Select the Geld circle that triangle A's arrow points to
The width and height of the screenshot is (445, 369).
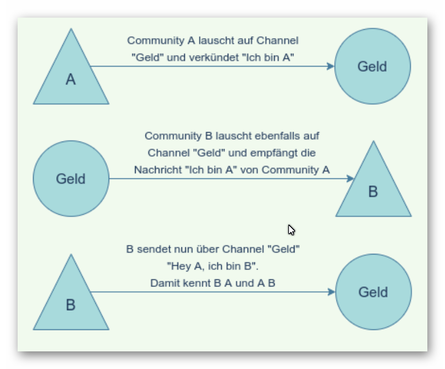pos(373,67)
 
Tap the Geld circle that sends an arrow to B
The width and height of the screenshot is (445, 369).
pos(71,179)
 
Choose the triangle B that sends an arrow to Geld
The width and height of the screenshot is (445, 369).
pos(71,300)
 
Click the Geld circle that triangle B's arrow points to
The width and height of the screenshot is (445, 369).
pos(373,292)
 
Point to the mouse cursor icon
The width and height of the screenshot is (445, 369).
pos(291,230)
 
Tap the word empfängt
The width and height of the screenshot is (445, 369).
pos(274,153)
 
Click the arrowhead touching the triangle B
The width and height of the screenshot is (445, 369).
pos(350,179)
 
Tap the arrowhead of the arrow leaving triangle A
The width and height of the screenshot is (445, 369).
pos(330,67)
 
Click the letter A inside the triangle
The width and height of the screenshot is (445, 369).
pos(71,80)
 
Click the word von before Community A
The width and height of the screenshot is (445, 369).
pos(250,170)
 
